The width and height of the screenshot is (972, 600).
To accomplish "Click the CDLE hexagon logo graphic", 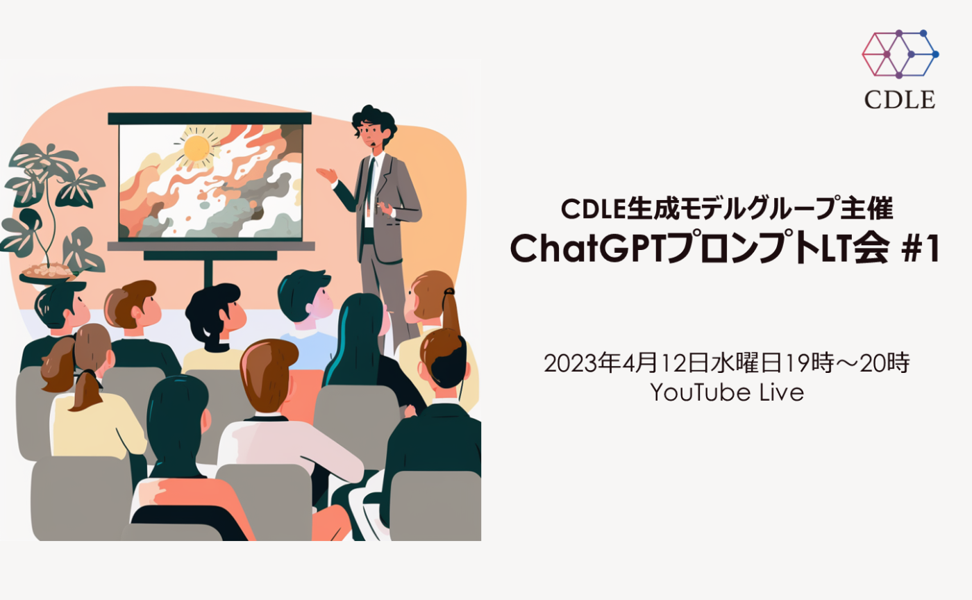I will [900, 54].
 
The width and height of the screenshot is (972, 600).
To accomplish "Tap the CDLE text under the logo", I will [900, 99].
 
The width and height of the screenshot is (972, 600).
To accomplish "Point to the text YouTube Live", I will [727, 393].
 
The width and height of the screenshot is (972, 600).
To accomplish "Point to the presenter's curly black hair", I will [375, 122].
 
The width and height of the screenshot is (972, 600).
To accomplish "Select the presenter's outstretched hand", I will [326, 174].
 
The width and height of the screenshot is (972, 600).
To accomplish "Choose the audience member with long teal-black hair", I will [358, 340].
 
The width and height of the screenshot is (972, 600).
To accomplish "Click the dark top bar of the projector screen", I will [209, 119].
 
